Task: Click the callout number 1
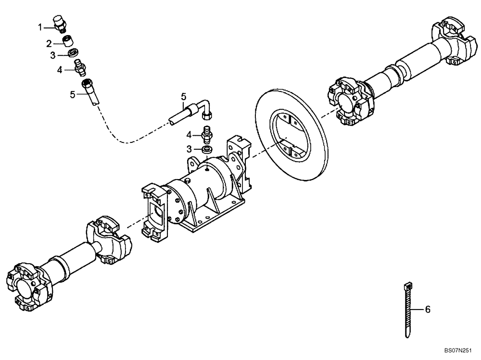click(x=41, y=27)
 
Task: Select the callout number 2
click(x=49, y=43)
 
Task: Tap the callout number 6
click(x=427, y=309)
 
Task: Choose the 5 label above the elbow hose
click(x=183, y=97)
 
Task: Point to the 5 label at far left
click(x=72, y=94)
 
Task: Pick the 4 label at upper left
click(x=60, y=70)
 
